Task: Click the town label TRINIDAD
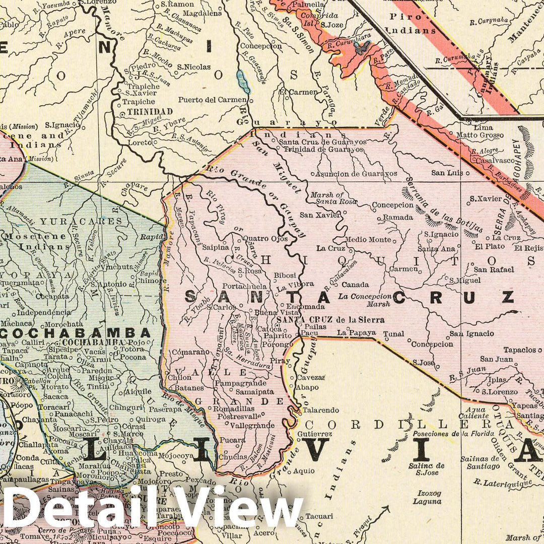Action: click(x=150, y=111)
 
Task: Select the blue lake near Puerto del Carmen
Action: click(x=243, y=82)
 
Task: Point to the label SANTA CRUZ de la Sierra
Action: click(x=330, y=319)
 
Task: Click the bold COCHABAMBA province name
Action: click(x=80, y=332)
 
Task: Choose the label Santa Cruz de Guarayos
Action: click(x=322, y=142)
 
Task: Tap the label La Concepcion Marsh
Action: click(x=365, y=300)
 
